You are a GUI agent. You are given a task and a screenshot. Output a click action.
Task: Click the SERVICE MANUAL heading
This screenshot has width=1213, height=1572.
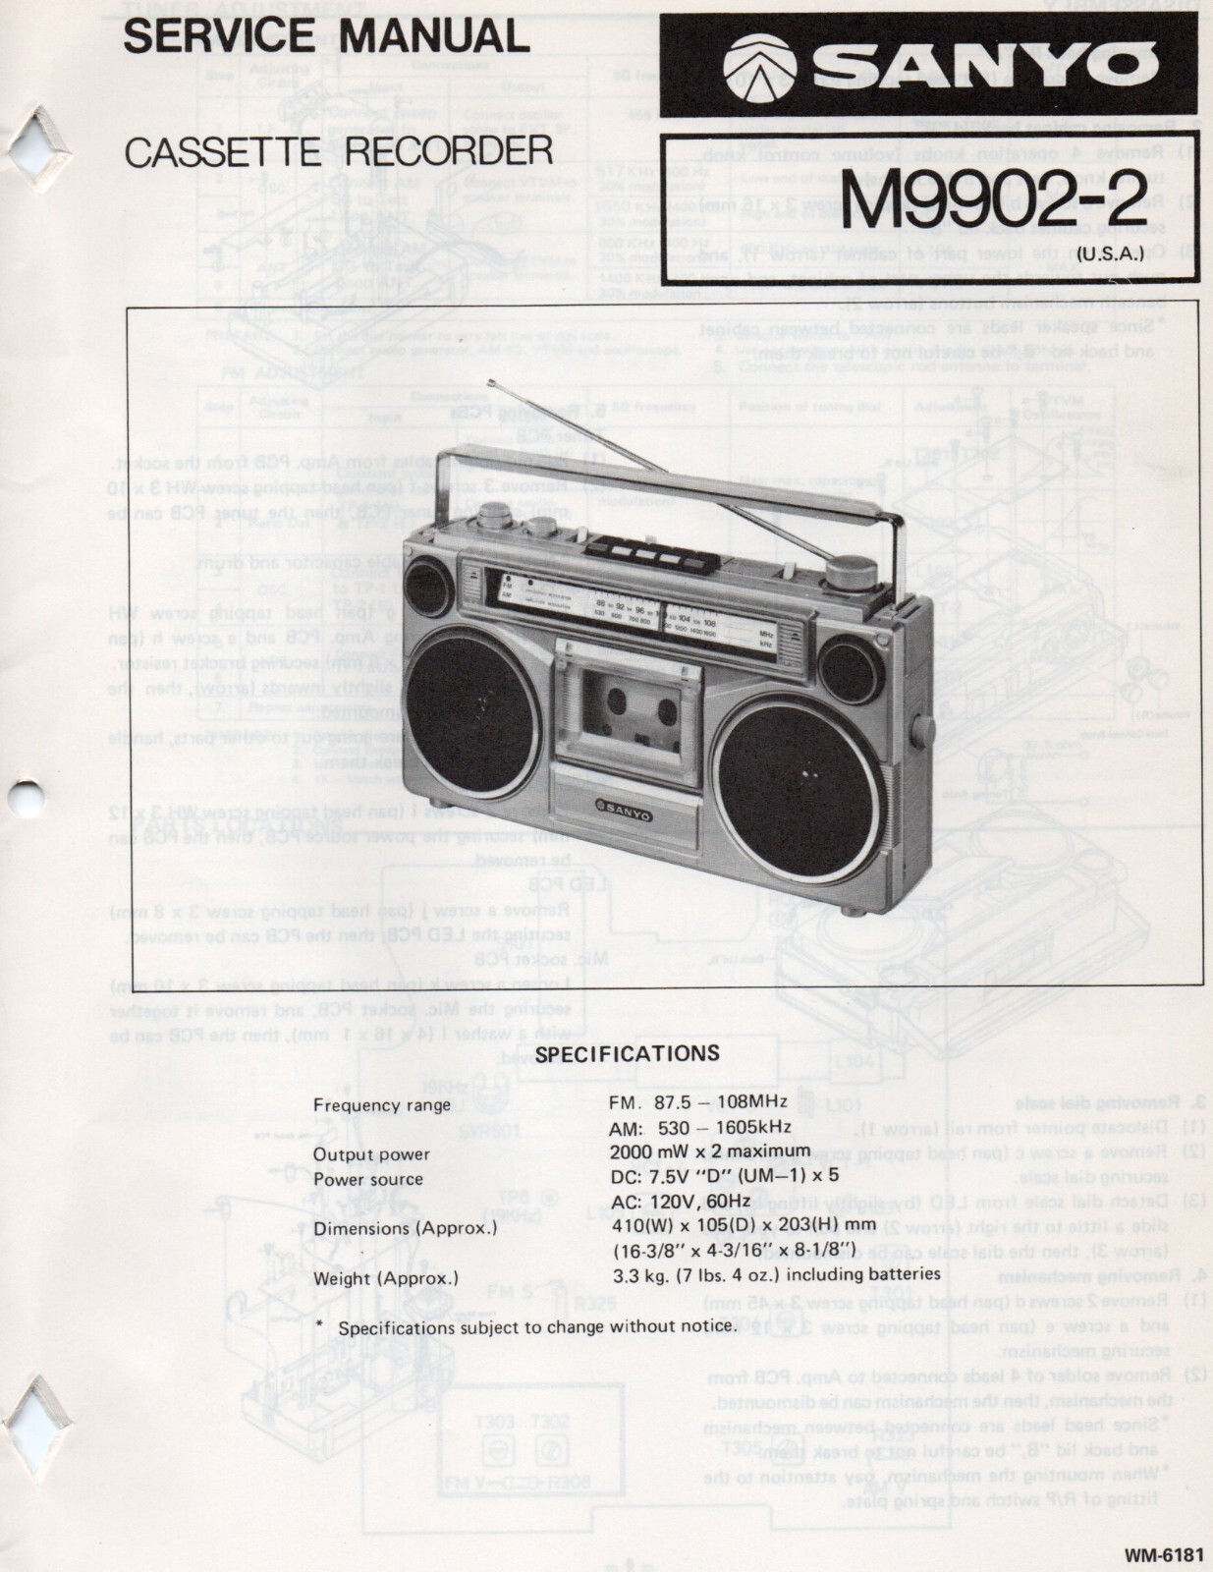(x=326, y=36)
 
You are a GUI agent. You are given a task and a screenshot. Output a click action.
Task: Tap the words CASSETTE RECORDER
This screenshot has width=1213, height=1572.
(x=339, y=150)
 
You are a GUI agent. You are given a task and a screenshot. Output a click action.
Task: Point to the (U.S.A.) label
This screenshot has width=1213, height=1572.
(x=1107, y=254)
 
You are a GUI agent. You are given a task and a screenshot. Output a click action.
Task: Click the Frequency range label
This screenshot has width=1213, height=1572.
(x=382, y=1104)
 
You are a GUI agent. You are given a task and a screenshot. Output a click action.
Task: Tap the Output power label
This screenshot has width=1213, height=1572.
(x=371, y=1153)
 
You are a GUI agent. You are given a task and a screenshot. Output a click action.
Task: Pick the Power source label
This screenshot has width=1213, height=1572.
(x=368, y=1179)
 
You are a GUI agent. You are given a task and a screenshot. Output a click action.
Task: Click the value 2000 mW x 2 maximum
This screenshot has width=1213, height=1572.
(x=710, y=1151)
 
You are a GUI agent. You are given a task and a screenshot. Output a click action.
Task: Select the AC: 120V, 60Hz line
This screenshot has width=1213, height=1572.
(x=680, y=1201)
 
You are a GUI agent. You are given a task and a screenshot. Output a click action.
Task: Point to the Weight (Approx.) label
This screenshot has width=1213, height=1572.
(x=386, y=1278)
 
